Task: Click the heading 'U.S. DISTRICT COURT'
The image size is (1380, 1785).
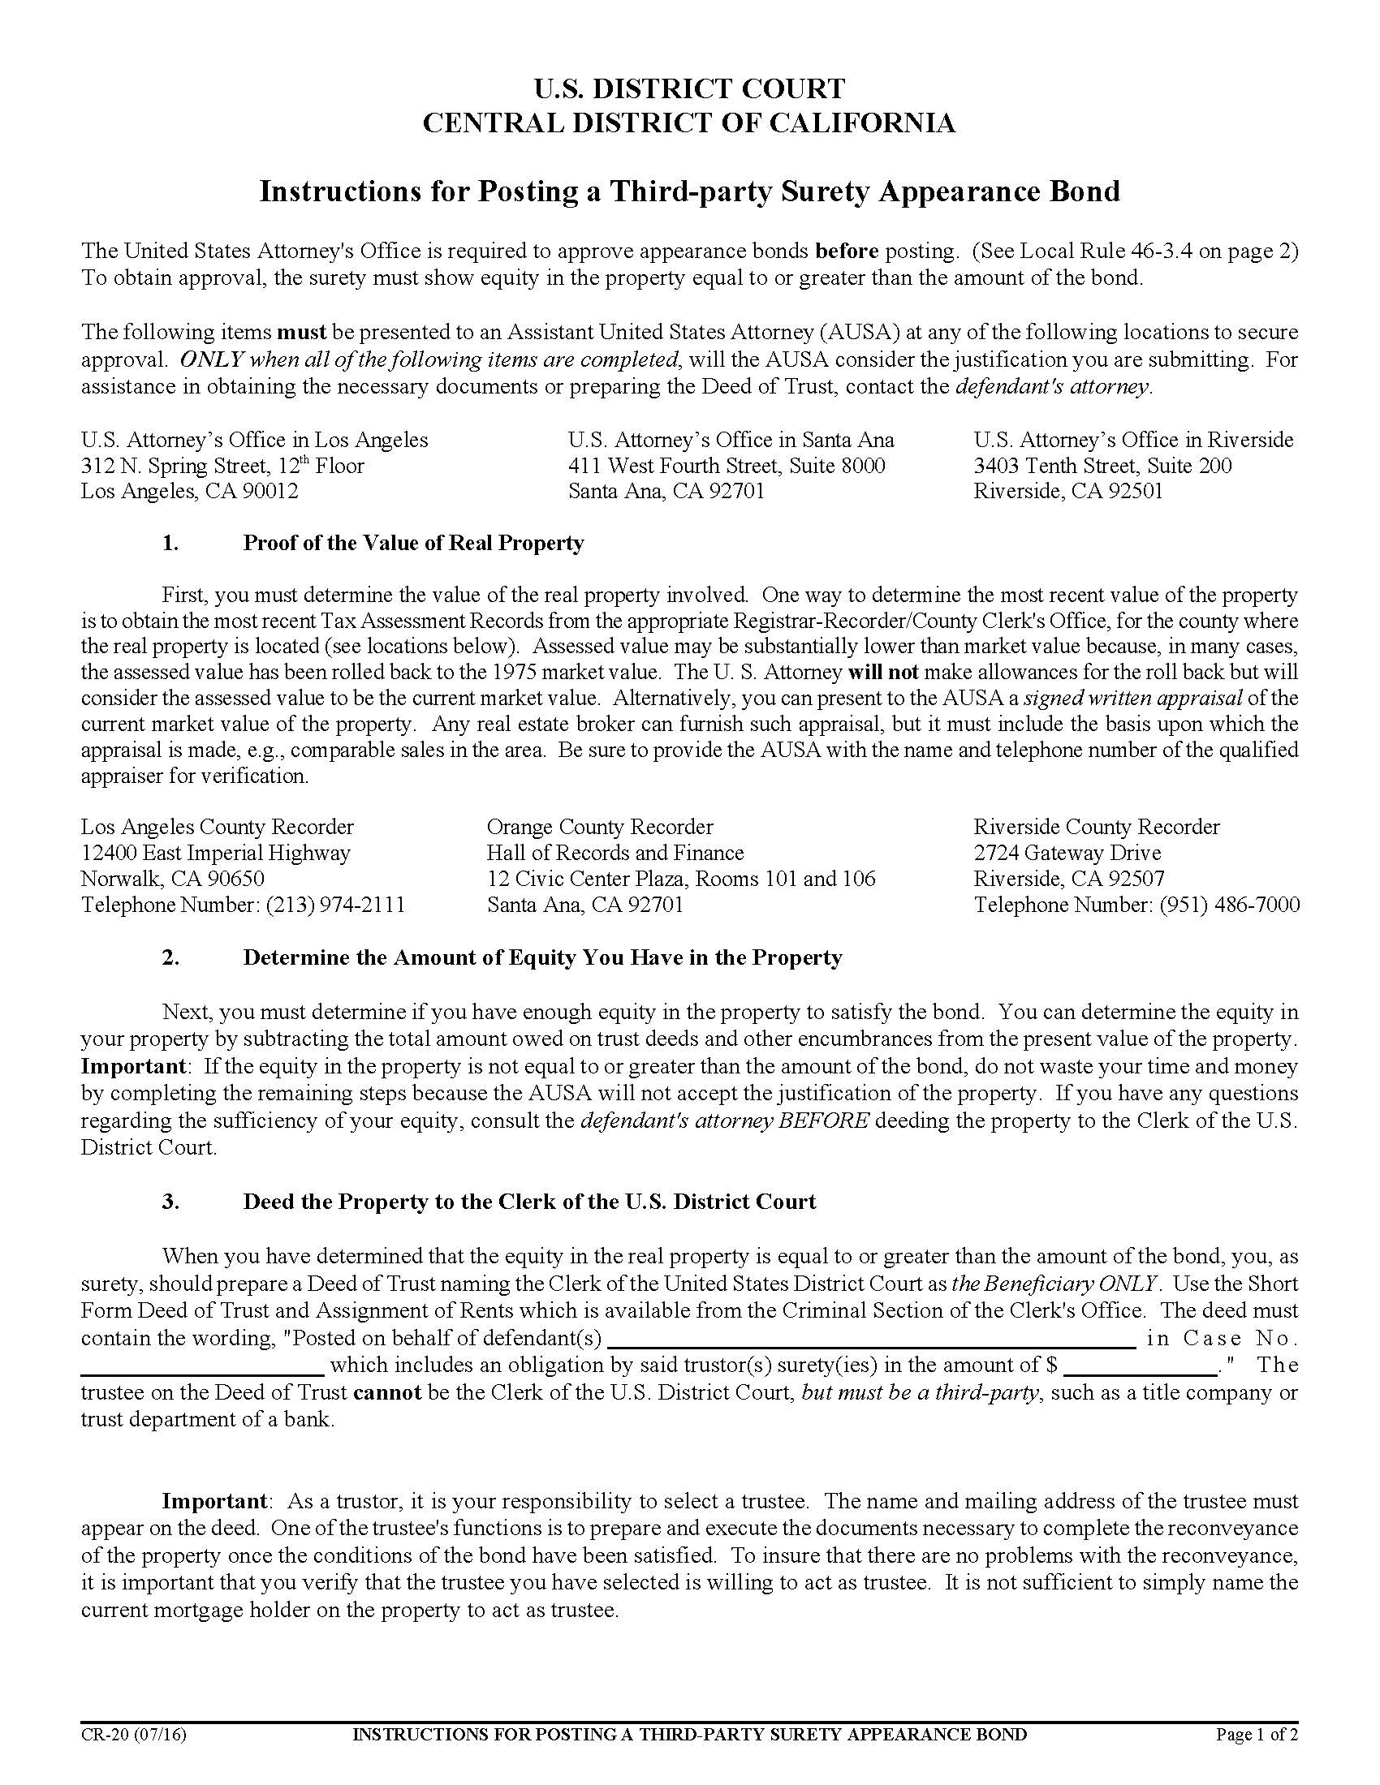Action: coord(689,88)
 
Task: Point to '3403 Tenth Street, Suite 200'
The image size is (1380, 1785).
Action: coord(1102,466)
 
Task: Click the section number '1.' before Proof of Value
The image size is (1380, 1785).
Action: coord(170,544)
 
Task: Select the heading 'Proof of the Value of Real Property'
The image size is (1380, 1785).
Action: coord(413,544)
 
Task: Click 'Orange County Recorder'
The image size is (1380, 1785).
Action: coord(599,826)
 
